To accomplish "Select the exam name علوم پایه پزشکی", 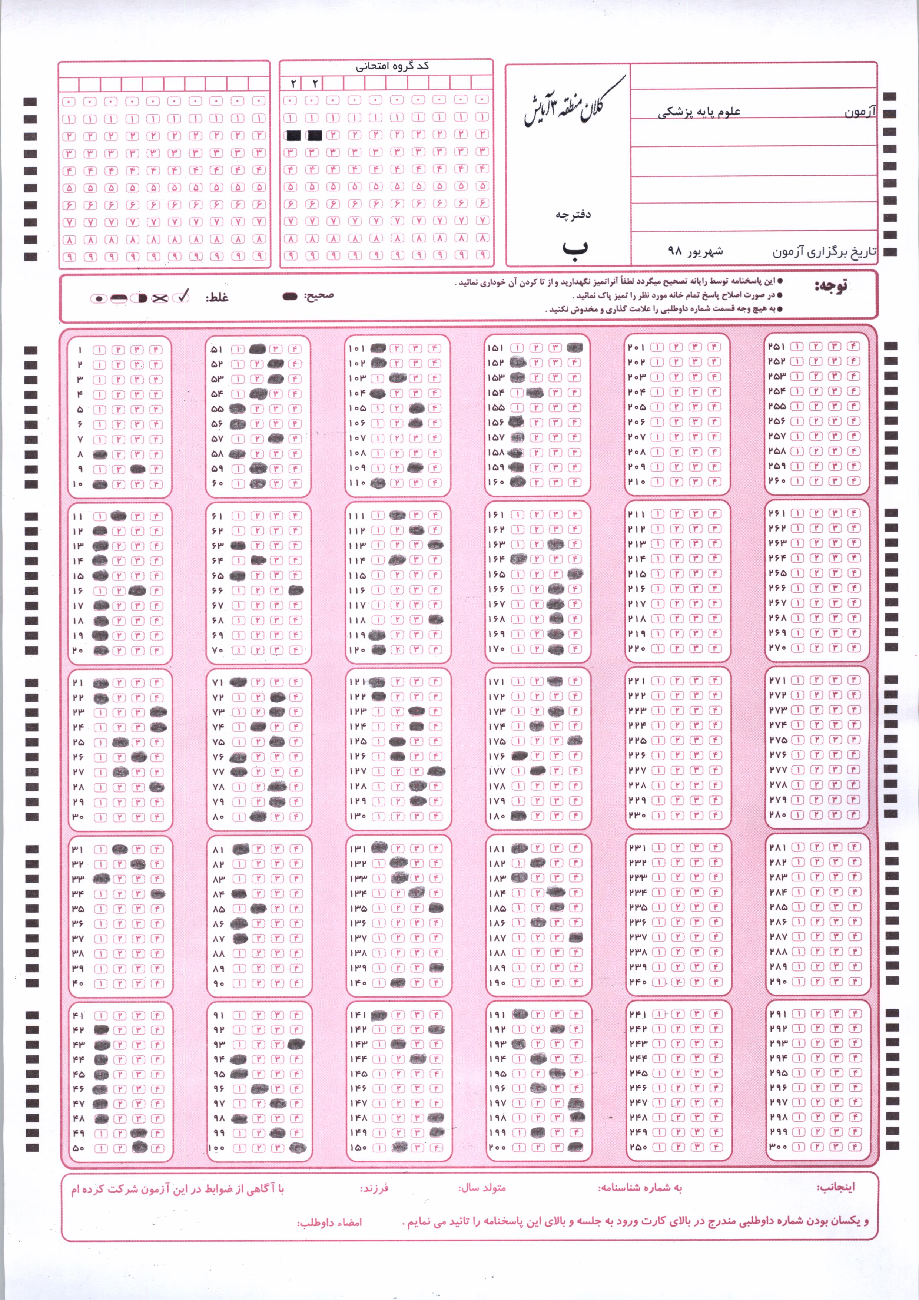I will point(699,112).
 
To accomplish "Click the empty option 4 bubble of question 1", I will point(156,349).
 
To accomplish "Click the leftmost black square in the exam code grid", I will point(294,135).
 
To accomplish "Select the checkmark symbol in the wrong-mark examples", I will point(182,297).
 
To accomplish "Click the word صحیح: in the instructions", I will point(319,295).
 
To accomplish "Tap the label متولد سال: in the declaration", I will point(482,1184).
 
